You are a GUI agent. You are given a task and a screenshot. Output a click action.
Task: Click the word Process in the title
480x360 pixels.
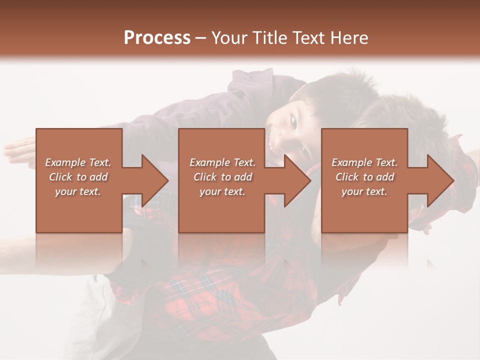click(157, 38)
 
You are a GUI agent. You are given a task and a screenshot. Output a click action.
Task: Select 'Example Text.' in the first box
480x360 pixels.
click(78, 162)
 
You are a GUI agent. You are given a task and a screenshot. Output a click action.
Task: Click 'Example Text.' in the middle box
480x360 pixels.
click(222, 162)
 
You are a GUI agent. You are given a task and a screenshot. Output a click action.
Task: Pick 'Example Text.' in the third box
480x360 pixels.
click(364, 162)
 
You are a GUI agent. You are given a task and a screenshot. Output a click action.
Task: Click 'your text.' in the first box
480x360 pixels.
click(78, 191)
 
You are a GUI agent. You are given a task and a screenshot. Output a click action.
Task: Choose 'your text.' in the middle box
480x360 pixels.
click(222, 191)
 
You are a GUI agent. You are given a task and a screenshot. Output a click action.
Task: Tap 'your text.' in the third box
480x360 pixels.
click(364, 191)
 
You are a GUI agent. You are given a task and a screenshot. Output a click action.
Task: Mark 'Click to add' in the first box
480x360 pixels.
click(78, 177)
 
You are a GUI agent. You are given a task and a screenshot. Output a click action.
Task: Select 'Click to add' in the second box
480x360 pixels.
click(222, 177)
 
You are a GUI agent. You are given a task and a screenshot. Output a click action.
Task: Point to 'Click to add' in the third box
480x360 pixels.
click(364, 177)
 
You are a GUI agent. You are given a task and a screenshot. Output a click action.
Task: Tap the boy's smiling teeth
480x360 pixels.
click(271, 145)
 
